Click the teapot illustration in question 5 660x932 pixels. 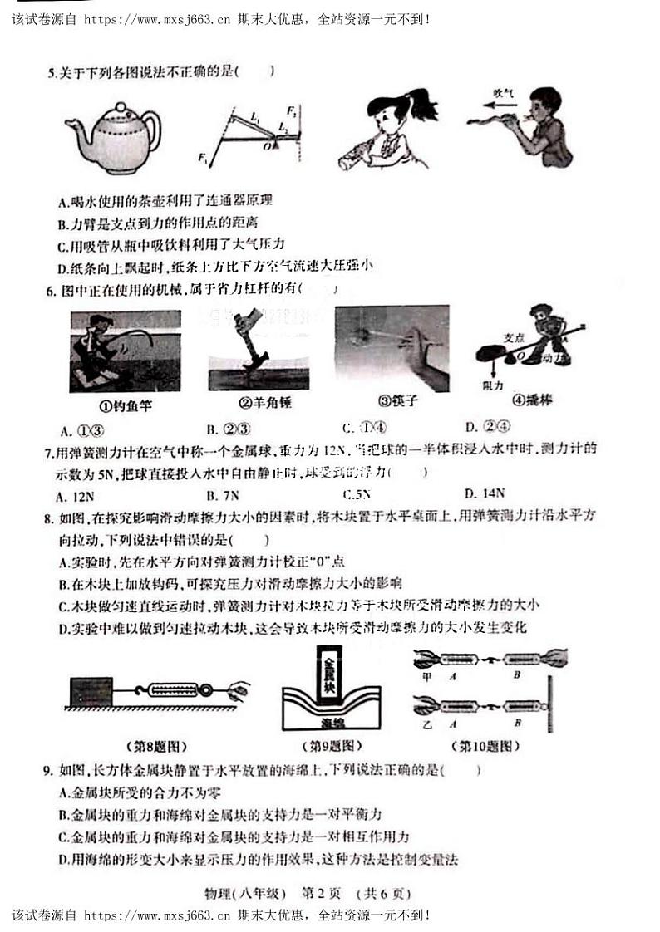[x=113, y=139]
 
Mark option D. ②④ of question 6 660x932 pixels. [x=483, y=428]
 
